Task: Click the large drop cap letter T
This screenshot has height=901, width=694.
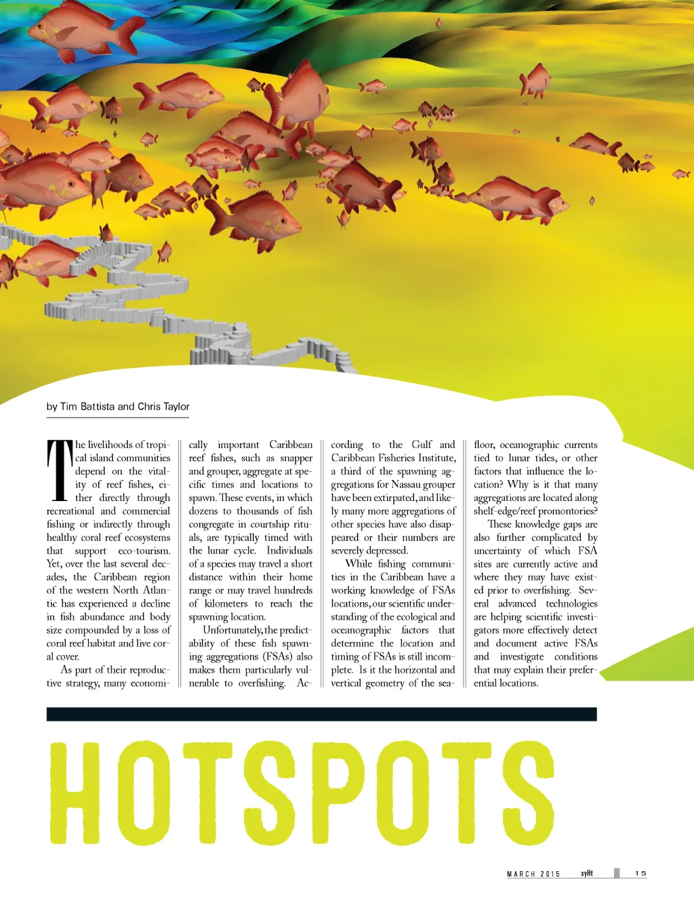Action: tap(60, 470)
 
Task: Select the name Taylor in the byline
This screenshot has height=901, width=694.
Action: tap(176, 407)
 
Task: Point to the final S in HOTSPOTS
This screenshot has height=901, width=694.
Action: tap(527, 793)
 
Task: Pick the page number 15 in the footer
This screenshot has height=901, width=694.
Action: tap(640, 873)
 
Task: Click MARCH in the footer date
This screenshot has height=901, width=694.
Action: tap(521, 874)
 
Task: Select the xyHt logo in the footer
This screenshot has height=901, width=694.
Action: tap(587, 873)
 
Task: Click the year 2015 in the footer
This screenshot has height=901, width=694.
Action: tap(550, 874)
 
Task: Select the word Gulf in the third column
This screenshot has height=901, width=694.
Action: tap(421, 445)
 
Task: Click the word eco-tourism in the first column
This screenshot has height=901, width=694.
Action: tap(144, 550)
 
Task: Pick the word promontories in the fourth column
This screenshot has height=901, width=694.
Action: tap(567, 511)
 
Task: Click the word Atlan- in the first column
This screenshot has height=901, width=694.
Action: tap(157, 590)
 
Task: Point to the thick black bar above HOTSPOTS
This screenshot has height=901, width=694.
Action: tap(321, 714)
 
